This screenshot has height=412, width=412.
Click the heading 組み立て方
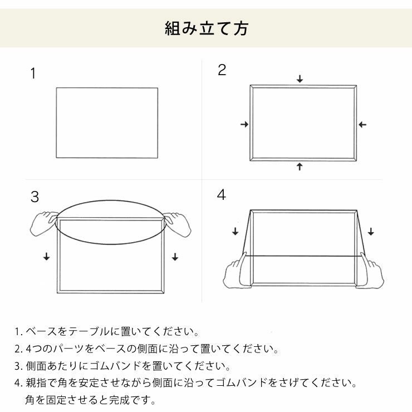tap(206, 28)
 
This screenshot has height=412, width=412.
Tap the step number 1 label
tap(33, 73)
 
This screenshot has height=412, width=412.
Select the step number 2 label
tap(222, 70)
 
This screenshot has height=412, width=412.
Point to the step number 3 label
tap(35, 197)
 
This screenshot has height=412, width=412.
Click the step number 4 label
tap(222, 195)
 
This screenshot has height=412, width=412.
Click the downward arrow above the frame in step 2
tap(300, 79)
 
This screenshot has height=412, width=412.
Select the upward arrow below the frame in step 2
tap(300, 166)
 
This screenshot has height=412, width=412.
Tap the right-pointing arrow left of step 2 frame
tap(244, 125)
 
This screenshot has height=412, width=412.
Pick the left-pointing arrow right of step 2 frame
tap(362, 125)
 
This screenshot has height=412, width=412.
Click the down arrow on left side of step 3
tap(46, 257)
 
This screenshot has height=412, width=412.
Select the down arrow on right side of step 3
tap(175, 257)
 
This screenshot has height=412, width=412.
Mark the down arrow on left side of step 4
tap(234, 231)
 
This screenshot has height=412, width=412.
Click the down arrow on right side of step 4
tap(371, 231)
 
